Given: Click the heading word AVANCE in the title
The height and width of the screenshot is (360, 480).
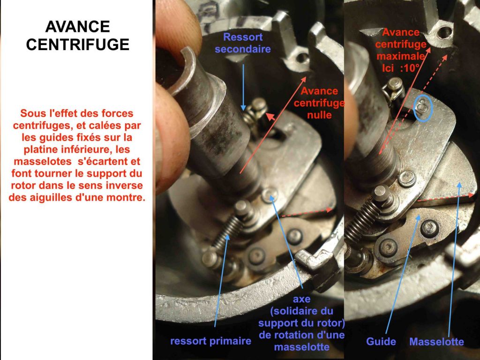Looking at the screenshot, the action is click(x=77, y=27).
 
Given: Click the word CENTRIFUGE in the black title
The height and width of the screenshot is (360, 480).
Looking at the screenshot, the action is click(x=77, y=45).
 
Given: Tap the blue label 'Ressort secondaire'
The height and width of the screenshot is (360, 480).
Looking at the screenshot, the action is click(x=243, y=43).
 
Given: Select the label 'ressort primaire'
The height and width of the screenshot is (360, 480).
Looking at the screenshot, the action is click(x=210, y=341).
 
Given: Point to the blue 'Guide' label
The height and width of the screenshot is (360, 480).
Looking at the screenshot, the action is click(x=381, y=341).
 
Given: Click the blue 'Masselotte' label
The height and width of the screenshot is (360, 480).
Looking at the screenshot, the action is click(x=436, y=342).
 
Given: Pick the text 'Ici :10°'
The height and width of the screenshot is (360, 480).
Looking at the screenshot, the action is click(x=400, y=68).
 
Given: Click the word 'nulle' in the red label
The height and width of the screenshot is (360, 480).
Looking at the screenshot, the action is click(x=319, y=115).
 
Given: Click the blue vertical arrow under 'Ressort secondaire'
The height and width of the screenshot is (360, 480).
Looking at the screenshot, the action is click(x=243, y=87).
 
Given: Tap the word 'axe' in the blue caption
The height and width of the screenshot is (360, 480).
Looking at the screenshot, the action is click(x=301, y=299).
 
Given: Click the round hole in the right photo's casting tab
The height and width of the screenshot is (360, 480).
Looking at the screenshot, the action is click(x=444, y=32).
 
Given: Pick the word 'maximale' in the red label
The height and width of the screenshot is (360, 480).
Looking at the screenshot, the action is click(x=400, y=56).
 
